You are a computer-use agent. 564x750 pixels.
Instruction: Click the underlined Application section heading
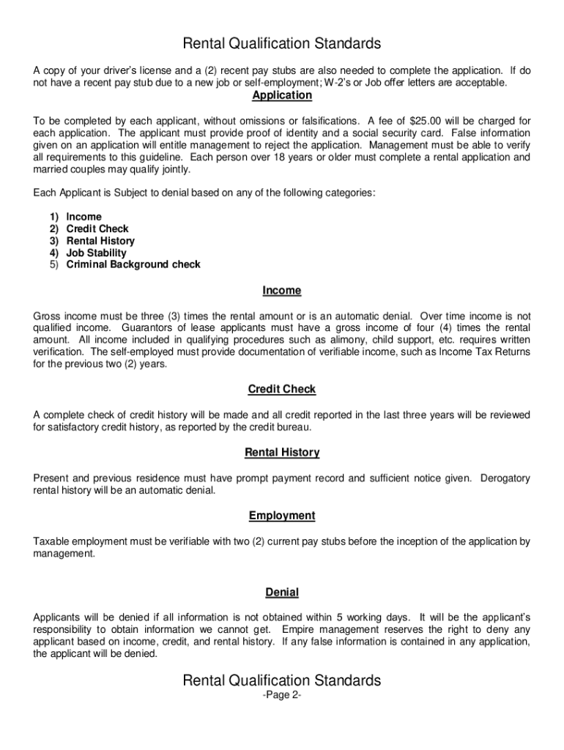pos(282,96)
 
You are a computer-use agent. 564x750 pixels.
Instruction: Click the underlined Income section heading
pos(282,291)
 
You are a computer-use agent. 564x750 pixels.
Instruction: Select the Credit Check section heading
pos(282,390)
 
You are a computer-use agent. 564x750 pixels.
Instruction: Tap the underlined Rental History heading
pos(282,453)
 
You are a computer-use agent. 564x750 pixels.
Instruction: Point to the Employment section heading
pos(282,516)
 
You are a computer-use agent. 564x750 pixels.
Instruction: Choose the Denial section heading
pos(282,592)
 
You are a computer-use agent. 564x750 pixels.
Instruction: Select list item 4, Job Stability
pos(96,253)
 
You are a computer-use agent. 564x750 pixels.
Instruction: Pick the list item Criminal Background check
pos(133,264)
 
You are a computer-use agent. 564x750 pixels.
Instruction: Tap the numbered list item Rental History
pos(100,241)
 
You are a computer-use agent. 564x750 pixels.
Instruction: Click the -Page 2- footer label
pos(282,696)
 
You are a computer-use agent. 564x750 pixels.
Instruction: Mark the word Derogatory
pos(505,478)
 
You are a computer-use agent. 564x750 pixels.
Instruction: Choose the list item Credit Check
pos(97,229)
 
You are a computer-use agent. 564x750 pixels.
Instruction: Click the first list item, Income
pos(84,217)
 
